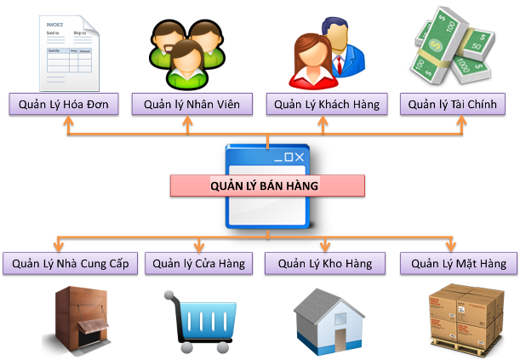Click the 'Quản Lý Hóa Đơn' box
[65, 105]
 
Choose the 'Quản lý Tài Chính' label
[456, 105]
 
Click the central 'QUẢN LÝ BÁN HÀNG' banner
[266, 185]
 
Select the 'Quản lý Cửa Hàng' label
[199, 264]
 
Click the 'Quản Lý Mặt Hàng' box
[459, 264]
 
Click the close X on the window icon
[298, 157]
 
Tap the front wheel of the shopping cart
[183, 346]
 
